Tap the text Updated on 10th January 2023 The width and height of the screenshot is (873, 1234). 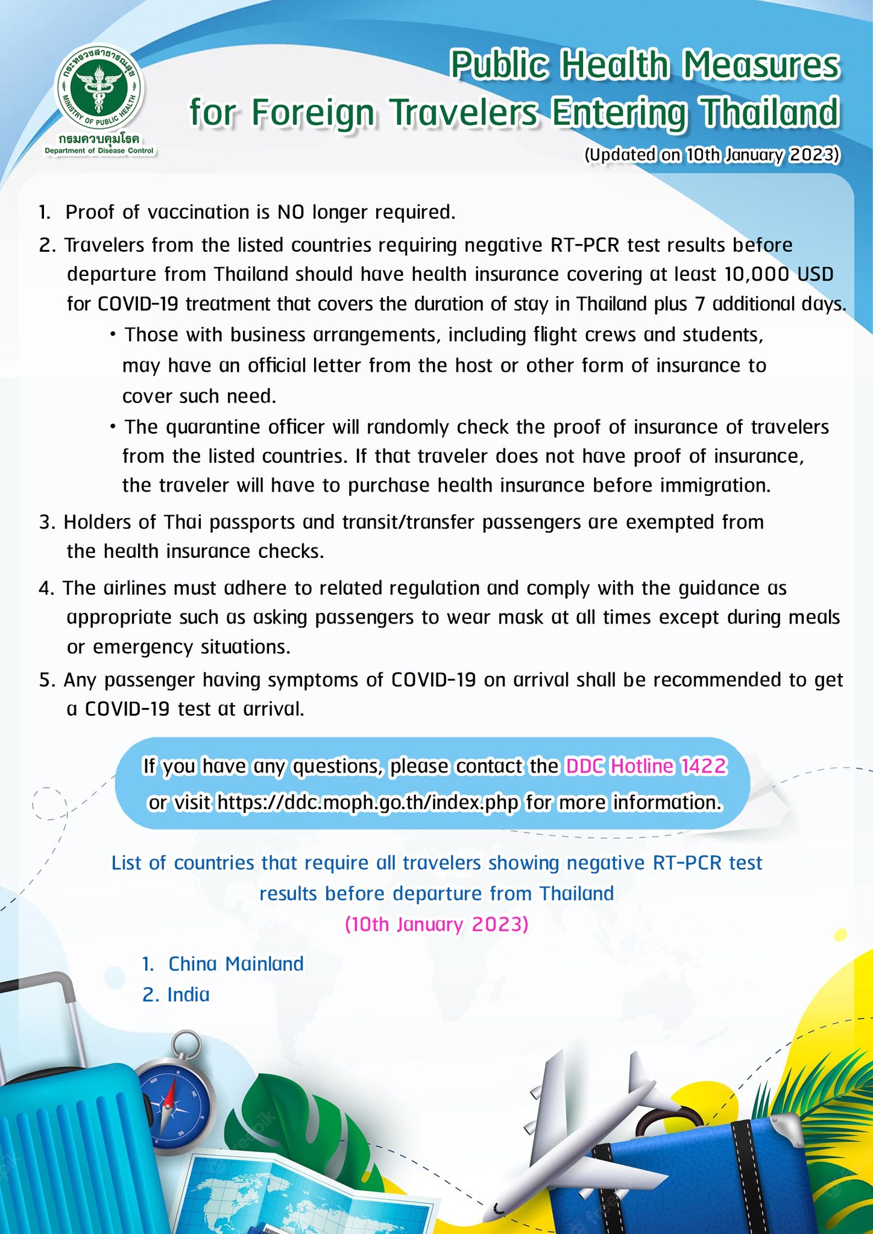coord(711,155)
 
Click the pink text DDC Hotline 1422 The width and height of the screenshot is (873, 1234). coord(646,766)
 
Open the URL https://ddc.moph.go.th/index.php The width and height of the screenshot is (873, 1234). coord(367,803)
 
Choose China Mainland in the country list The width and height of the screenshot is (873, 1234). coord(235,964)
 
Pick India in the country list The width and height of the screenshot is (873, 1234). coord(188,995)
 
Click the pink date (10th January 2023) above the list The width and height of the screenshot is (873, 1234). coord(436,924)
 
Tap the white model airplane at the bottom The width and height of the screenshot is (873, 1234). coord(579,1133)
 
